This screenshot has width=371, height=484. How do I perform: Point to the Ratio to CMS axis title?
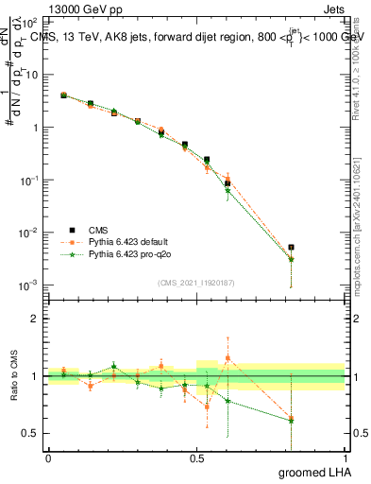(x=13, y=376)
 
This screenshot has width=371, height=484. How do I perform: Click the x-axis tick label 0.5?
(x=196, y=457)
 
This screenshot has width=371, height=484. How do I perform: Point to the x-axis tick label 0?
(x=48, y=457)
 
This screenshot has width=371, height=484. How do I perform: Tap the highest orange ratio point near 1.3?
(x=228, y=358)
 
